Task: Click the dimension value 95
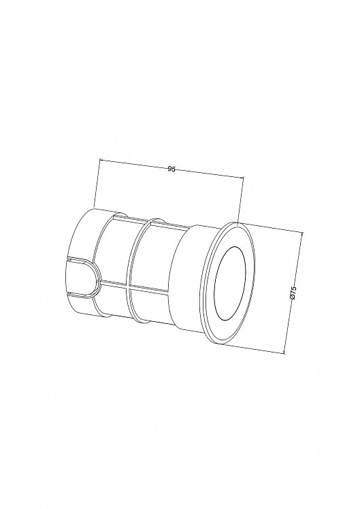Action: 171,169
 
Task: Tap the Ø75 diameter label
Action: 293,291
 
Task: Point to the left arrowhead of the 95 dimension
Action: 101,160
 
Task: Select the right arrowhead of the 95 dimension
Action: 241,177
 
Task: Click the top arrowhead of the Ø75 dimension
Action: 302,234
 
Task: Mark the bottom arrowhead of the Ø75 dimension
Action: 284,351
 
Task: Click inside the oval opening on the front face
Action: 231,282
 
